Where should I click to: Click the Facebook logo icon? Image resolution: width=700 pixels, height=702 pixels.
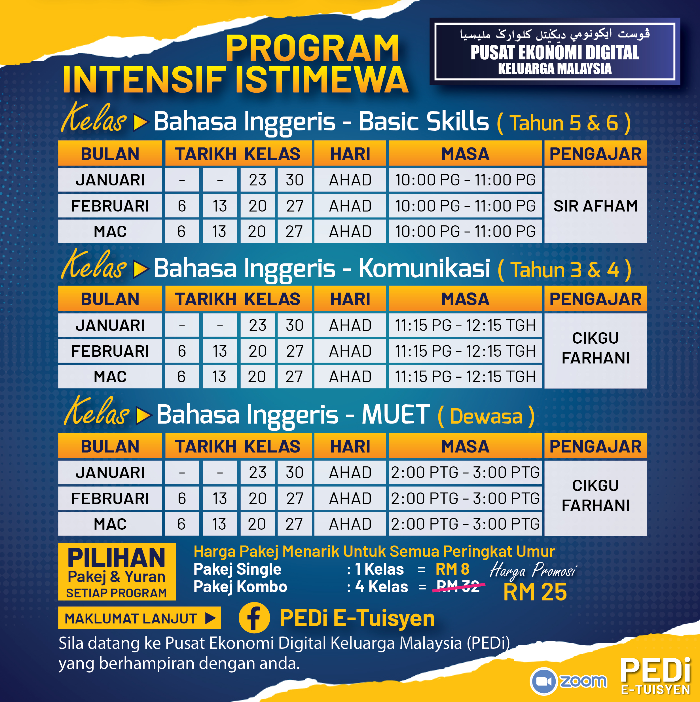coord(254,618)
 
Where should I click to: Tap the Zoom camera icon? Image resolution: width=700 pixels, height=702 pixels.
coord(543,681)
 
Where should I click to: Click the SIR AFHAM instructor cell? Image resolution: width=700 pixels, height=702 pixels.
coord(595,206)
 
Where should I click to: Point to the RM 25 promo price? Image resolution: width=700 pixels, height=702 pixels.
coord(535,592)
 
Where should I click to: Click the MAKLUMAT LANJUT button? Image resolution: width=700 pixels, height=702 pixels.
coord(139,618)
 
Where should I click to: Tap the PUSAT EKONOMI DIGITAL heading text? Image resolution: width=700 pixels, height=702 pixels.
coord(555,53)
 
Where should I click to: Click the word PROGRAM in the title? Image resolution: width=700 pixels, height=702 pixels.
coord(312,48)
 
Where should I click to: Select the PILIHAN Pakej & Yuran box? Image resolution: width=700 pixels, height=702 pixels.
coord(117,572)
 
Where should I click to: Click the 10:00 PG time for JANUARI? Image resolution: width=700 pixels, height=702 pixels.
coord(465,180)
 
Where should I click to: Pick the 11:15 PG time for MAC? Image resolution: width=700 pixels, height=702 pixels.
coord(465,377)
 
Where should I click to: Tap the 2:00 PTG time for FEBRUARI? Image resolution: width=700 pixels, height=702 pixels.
coord(465,498)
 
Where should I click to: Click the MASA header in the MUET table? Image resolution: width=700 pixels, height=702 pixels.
coord(465,446)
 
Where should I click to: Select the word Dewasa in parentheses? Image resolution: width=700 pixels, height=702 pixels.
coord(486,416)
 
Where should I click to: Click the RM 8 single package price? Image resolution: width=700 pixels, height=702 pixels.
coord(452,569)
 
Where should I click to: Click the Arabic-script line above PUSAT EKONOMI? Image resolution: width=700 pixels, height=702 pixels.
coord(555,35)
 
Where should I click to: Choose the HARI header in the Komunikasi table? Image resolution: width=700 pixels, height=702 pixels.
coord(350,299)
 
